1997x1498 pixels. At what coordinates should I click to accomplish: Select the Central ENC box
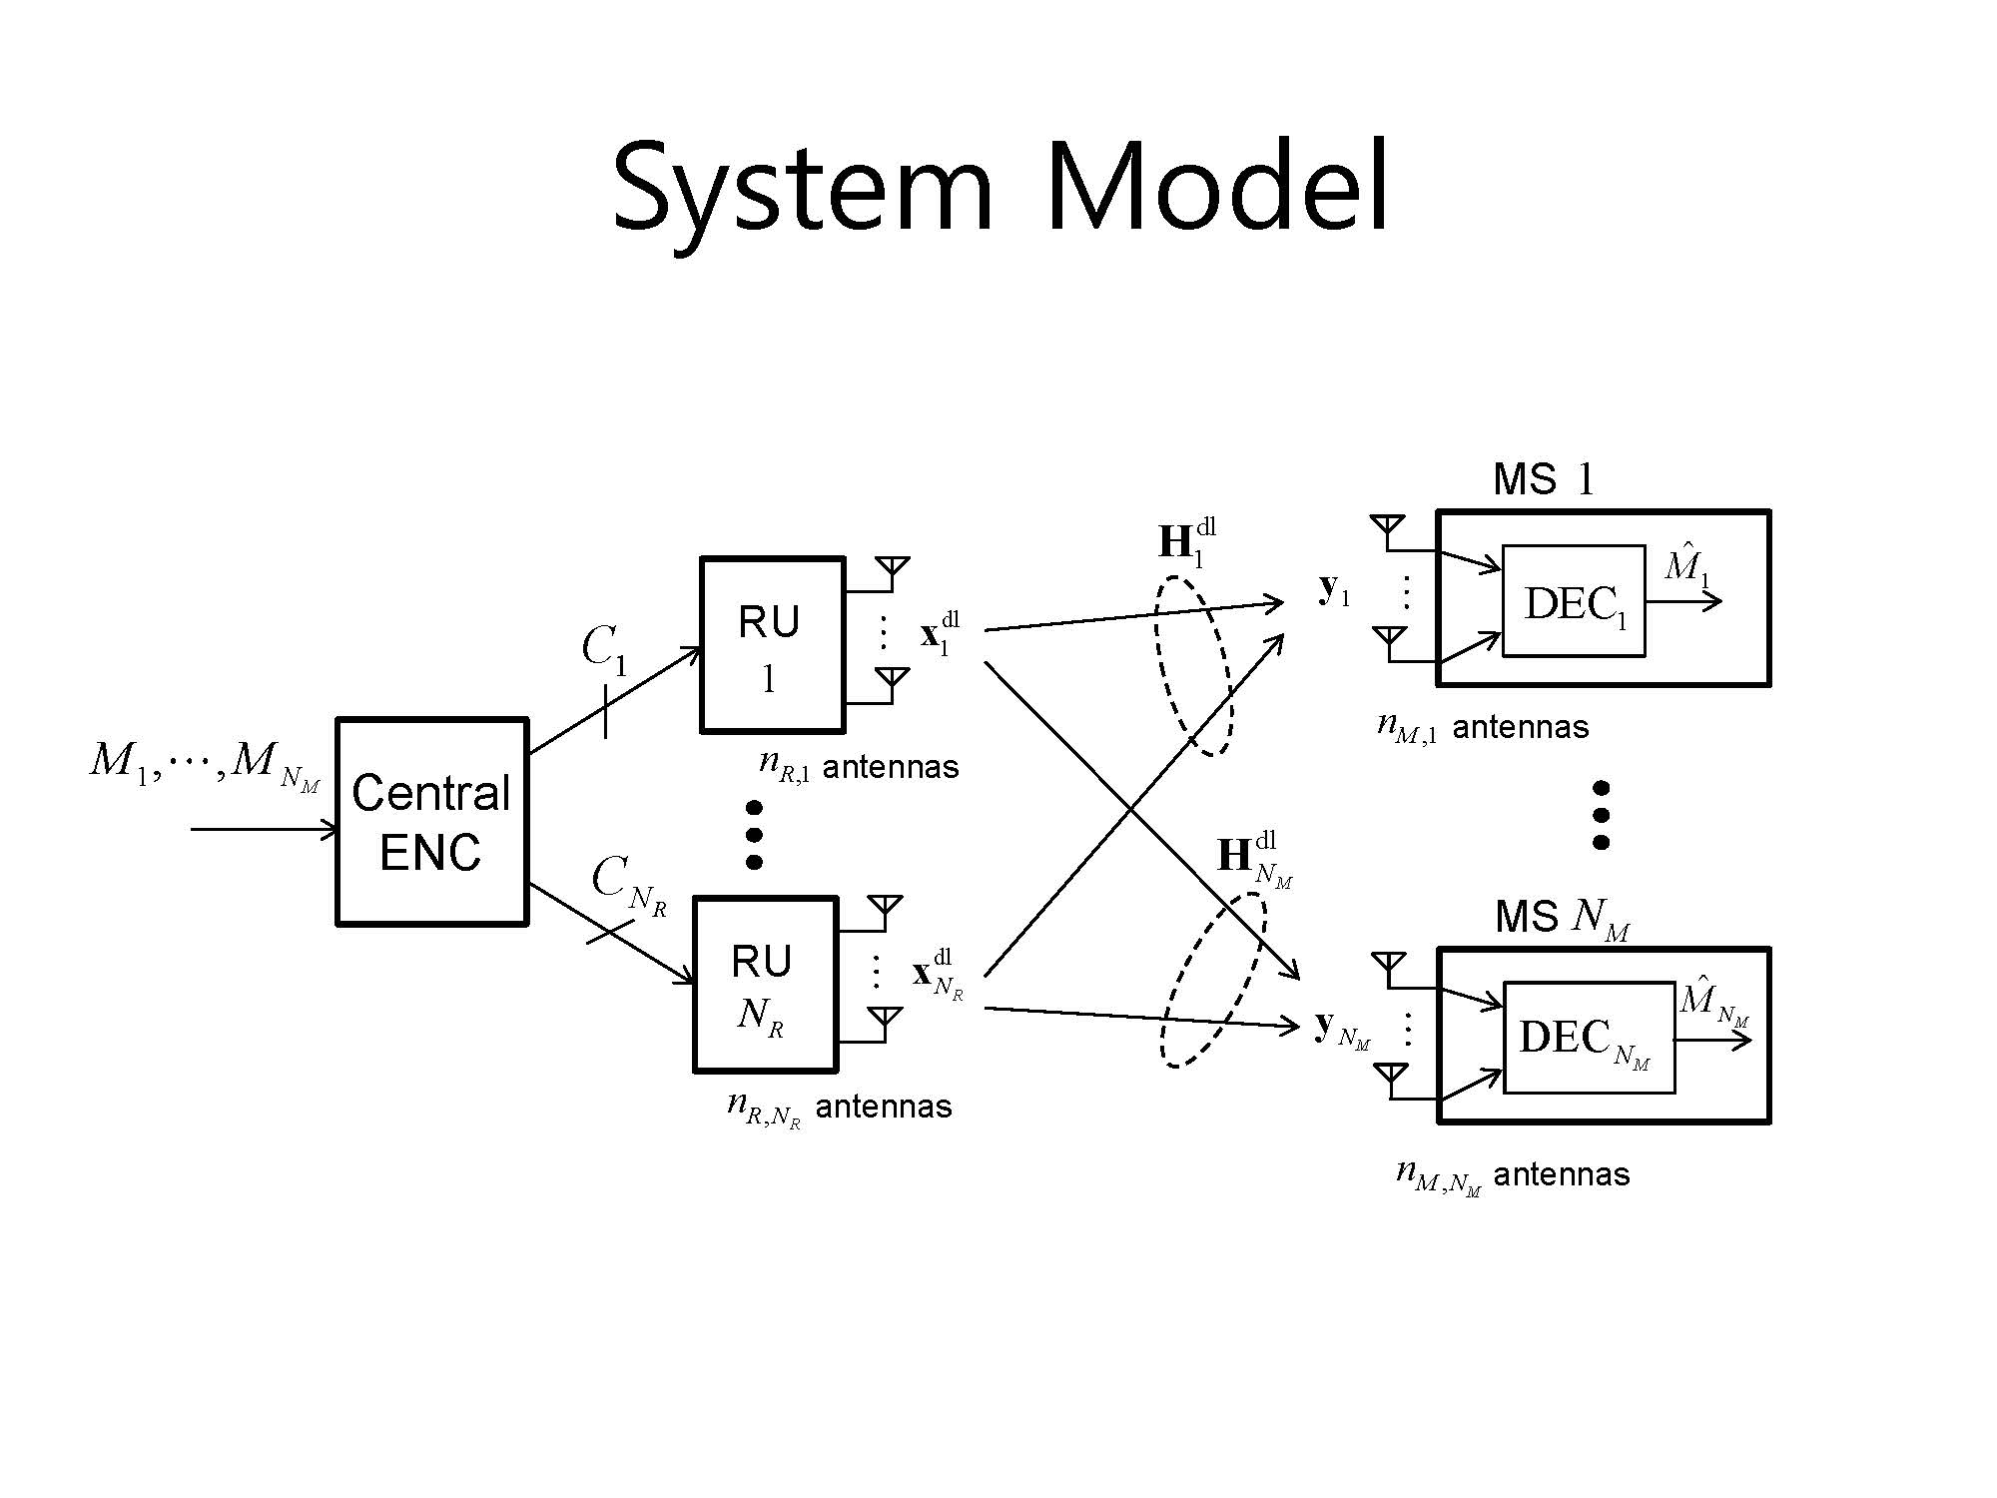coord(431,821)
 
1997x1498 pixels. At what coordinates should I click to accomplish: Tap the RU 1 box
coord(772,645)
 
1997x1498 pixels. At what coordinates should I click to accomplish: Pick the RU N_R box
coord(765,985)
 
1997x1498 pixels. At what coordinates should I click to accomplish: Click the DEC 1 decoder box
coord(1573,601)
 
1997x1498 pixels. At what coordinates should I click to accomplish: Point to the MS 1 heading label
coord(1544,480)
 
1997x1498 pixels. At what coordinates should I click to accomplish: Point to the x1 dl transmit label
coord(939,634)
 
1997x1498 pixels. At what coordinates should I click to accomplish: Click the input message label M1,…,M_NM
coord(205,764)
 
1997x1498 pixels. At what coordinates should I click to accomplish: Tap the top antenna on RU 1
coord(892,570)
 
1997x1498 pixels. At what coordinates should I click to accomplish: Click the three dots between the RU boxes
coord(754,834)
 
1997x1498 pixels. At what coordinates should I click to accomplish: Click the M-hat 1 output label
coord(1686,565)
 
